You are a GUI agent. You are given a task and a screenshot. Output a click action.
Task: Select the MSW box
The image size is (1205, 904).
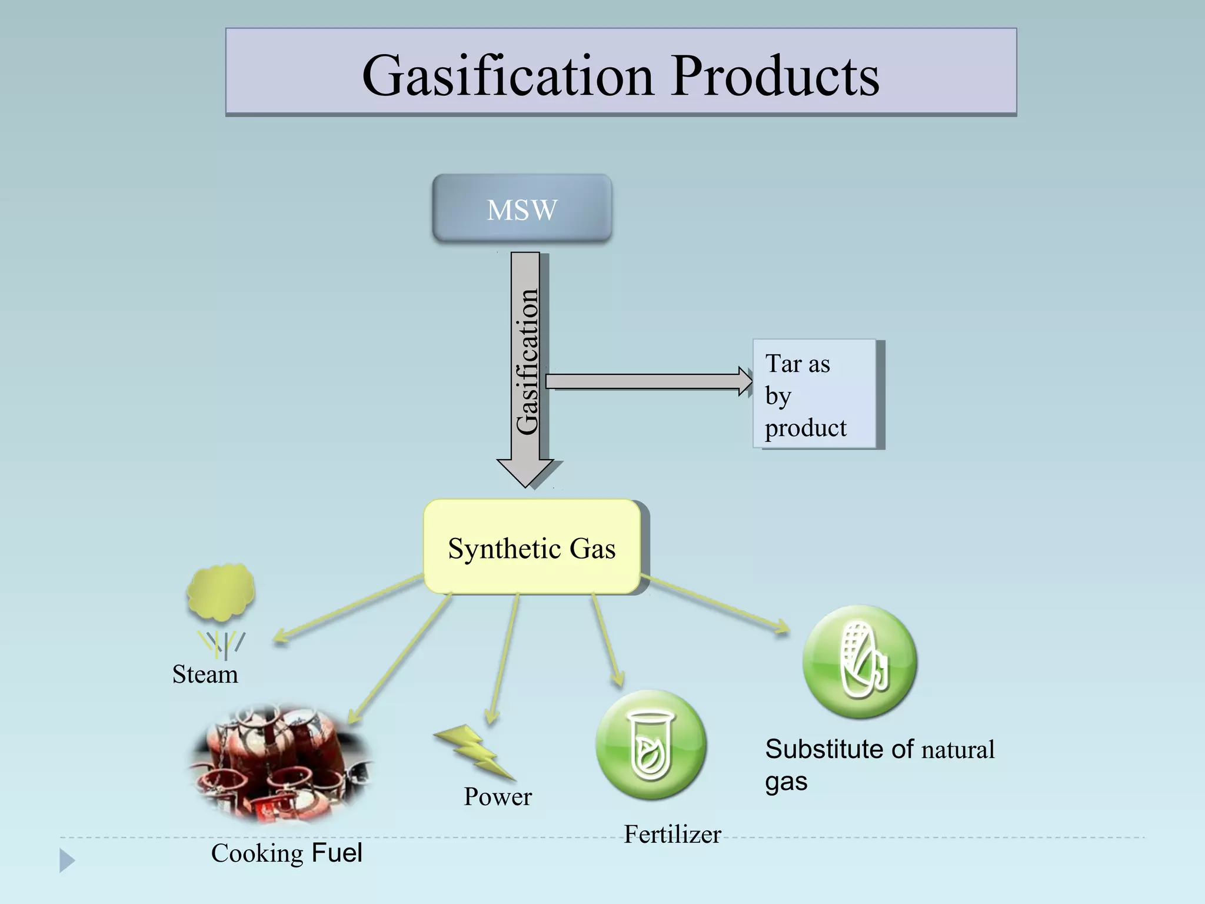[522, 208]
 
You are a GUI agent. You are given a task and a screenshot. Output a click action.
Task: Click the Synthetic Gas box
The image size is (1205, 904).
[531, 547]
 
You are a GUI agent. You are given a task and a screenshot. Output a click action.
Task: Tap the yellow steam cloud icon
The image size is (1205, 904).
[221, 592]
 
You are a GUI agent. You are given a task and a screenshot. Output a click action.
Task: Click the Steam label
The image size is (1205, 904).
[205, 674]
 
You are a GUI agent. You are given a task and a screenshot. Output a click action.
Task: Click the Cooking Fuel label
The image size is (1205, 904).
[287, 853]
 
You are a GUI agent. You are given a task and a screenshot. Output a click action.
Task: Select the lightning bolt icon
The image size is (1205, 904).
[474, 752]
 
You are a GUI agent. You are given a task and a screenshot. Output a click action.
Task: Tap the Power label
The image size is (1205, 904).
[497, 796]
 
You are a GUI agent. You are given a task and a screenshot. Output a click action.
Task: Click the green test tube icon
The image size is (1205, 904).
[650, 745]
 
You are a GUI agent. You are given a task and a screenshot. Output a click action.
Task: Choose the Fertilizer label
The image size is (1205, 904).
[672, 834]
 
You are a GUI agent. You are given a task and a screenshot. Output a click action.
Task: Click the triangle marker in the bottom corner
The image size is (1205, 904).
[66, 860]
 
